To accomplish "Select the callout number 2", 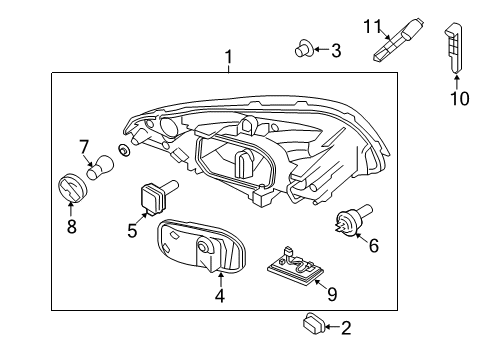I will tap(346, 326).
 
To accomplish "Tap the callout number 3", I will tap(335, 49).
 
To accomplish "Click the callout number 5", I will tap(131, 229).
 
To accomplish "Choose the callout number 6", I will tap(374, 244).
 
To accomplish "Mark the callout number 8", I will tap(71, 226).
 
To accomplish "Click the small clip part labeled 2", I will tap(312, 324).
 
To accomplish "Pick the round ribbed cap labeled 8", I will tap(72, 187).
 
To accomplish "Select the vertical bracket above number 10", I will tap(455, 44).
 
